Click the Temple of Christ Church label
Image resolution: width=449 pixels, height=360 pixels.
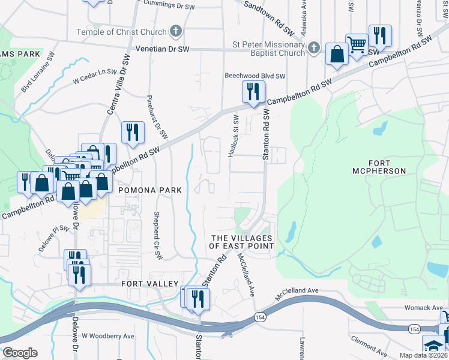pyautogui.click(x=122, y=31)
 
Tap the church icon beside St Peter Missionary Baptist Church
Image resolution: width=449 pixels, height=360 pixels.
pyautogui.click(x=313, y=48)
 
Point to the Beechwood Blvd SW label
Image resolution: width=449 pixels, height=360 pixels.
pyautogui.click(x=255, y=76)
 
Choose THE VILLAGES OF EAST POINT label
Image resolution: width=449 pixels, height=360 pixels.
pyautogui.click(x=241, y=242)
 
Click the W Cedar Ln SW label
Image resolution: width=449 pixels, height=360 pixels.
pyautogui.click(x=94, y=76)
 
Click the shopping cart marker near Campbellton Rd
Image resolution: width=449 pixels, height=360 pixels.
pyautogui.click(x=357, y=45)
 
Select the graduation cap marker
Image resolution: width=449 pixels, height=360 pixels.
pyautogui.click(x=433, y=346)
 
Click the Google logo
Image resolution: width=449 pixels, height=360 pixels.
pyautogui.click(x=20, y=352)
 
